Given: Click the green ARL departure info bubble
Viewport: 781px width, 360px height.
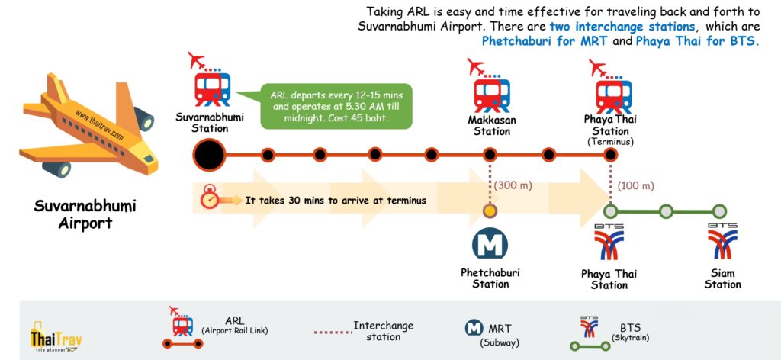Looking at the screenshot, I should pyautogui.click(x=335, y=106).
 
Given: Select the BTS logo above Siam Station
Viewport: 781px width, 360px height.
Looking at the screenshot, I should pyautogui.click(x=722, y=243).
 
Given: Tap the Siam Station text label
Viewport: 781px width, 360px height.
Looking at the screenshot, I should pyautogui.click(x=722, y=278).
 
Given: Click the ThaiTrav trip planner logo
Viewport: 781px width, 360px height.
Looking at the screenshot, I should pyautogui.click(x=56, y=336).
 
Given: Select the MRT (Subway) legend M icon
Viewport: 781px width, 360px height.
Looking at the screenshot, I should pyautogui.click(x=474, y=328).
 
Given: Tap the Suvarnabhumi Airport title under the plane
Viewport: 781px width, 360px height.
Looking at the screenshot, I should pyautogui.click(x=85, y=214).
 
